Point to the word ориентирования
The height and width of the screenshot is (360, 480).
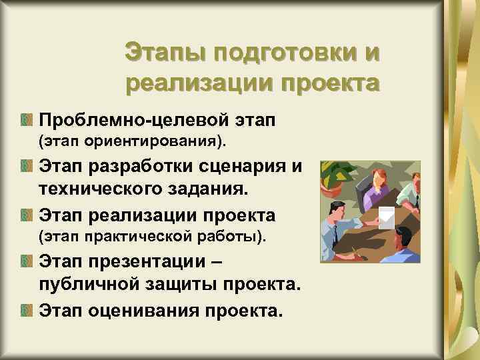tap(136, 141)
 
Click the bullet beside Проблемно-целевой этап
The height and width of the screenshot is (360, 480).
tap(26, 121)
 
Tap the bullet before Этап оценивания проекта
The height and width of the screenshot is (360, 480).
tap(26, 309)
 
